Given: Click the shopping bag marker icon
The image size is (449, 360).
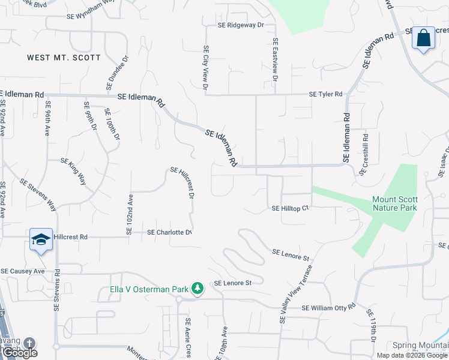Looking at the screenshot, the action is [424, 38].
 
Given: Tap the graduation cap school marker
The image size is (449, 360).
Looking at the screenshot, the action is [41, 240].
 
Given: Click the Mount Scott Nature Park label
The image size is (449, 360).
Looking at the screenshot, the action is [394, 203].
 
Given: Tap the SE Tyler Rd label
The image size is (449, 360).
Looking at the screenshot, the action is [325, 94].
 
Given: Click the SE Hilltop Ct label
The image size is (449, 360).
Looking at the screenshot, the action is [290, 208].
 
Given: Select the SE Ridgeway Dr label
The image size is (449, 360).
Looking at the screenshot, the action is [241, 25].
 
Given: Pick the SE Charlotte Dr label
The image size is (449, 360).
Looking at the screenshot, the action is [169, 232].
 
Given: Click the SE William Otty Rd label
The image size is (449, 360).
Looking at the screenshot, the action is [328, 308].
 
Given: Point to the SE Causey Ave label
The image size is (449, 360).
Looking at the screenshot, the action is [23, 271].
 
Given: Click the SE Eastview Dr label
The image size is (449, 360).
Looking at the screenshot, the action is [275, 60].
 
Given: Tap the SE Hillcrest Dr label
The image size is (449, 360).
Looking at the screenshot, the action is [182, 182].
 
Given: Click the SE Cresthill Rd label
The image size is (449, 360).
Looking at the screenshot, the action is [364, 154].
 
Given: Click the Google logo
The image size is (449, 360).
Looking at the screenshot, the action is [19, 353].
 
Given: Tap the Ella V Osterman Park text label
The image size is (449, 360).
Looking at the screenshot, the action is [149, 289].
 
